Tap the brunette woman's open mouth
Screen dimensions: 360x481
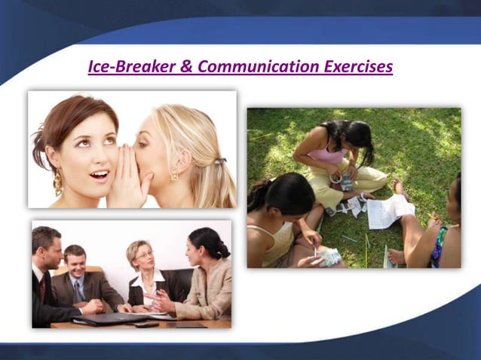point(100,175)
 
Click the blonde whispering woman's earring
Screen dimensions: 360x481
point(174,175)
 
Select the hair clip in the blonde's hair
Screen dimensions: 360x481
point(219,160)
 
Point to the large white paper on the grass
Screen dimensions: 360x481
point(391,210)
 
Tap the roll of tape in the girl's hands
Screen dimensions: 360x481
point(346,182)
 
